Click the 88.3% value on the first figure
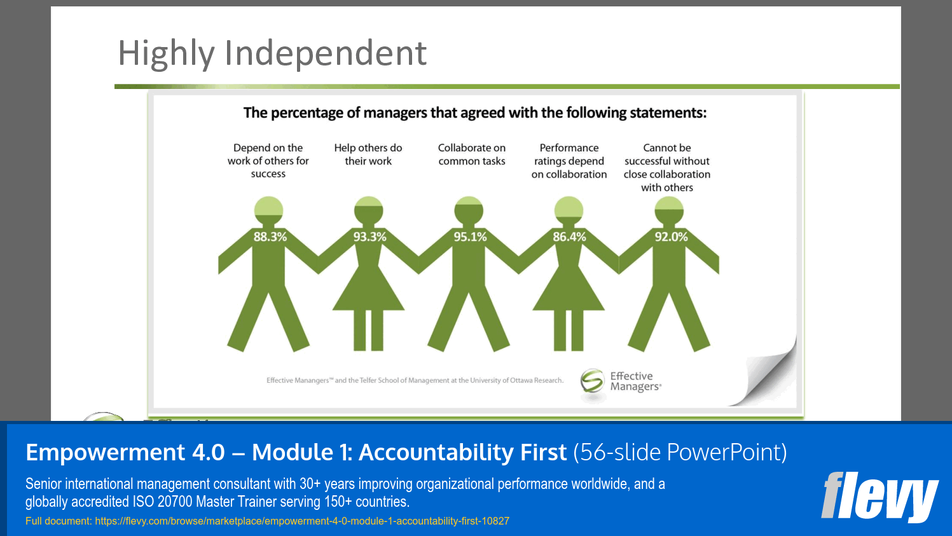coord(270,237)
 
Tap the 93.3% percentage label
coord(369,237)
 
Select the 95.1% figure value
coord(470,237)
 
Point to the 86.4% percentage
coord(569,237)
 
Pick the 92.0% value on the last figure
coord(671,237)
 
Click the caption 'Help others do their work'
coord(368,155)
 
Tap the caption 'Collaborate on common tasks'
coord(472,155)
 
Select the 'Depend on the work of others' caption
coord(268,161)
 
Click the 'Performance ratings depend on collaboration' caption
coord(569,161)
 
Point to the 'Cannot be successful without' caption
coord(667,167)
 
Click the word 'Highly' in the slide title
coord(166,53)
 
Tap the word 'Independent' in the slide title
coord(325,53)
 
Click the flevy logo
coord(880,496)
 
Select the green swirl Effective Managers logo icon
coord(592,381)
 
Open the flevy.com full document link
coord(302,521)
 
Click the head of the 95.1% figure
coord(469,210)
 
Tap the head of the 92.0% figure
coord(669,210)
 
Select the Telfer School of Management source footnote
coord(415,380)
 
